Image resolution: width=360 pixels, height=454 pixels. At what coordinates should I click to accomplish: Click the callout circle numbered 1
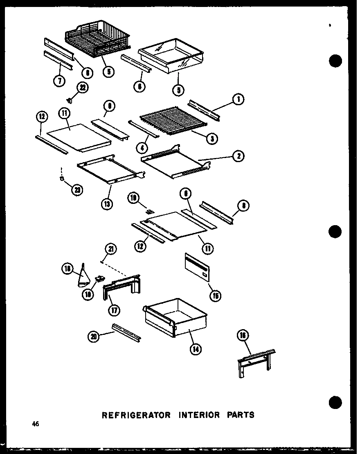point(238,99)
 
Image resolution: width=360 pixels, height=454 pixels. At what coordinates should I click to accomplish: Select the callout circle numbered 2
point(238,156)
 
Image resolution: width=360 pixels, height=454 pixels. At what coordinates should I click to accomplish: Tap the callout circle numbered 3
point(211,139)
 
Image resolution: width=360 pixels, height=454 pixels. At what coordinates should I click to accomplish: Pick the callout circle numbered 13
point(107,203)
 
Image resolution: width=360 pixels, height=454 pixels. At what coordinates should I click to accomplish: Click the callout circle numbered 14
point(196,349)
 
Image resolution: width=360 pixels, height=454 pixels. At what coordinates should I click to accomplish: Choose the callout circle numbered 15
point(215,295)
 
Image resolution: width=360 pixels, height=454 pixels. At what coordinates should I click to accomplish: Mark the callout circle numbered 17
point(114,310)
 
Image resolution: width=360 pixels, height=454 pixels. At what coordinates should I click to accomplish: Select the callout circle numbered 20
point(94,336)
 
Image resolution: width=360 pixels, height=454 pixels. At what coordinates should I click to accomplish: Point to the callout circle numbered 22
point(83,88)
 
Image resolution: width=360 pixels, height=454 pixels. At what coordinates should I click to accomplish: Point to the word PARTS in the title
point(241,415)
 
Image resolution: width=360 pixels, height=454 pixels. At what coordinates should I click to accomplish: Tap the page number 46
point(36,424)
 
